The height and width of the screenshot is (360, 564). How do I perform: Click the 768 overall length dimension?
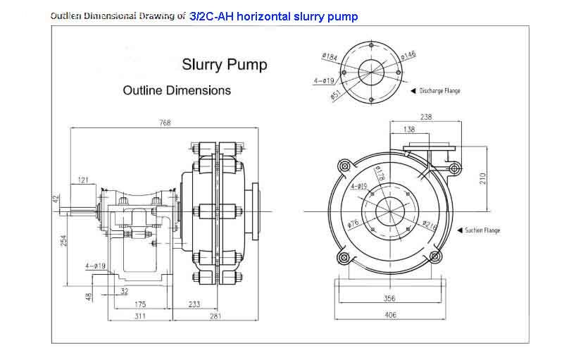[x=165, y=123]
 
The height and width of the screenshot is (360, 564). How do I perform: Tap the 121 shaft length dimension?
[x=83, y=180]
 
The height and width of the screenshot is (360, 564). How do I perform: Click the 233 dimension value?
[x=194, y=304]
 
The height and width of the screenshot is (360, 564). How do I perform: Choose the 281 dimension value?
[x=215, y=316]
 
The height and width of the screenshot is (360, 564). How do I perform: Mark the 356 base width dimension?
[x=389, y=298]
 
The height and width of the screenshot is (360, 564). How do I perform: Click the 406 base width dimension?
[x=389, y=315]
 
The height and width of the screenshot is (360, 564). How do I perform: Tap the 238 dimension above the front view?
[x=425, y=117]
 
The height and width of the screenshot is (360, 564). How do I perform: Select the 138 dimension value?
[x=408, y=130]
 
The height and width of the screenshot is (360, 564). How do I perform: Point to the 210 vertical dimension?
[x=483, y=179]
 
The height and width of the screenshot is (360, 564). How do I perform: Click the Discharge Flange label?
[x=439, y=91]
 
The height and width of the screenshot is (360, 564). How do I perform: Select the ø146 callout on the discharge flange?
[x=408, y=54]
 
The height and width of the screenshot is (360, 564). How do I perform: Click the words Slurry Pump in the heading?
[x=225, y=65]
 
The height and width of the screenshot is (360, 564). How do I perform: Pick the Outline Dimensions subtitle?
[x=177, y=90]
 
